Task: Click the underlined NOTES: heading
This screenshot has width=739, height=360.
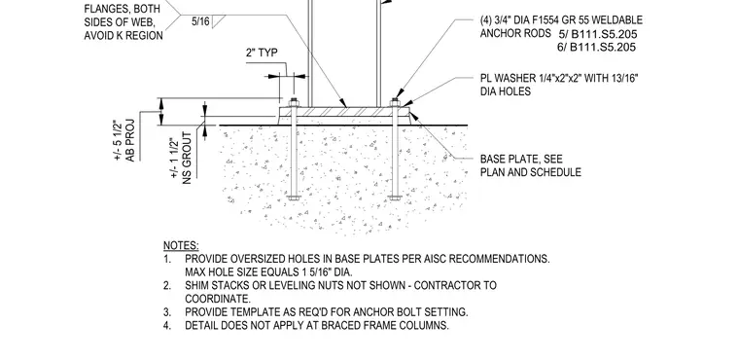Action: pyautogui.click(x=181, y=246)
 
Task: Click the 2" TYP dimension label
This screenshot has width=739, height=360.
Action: pyautogui.click(x=262, y=53)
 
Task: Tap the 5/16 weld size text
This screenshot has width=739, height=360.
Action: pyautogui.click(x=200, y=21)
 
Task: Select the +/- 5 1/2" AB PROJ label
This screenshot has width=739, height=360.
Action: pyautogui.click(x=124, y=141)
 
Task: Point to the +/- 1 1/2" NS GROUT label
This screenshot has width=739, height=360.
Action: pyautogui.click(x=181, y=158)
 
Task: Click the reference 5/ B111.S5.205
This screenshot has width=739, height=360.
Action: pyautogui.click(x=597, y=34)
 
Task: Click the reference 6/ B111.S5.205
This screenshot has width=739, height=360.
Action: pyautogui.click(x=597, y=47)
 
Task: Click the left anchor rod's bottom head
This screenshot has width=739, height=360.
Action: pyautogui.click(x=294, y=198)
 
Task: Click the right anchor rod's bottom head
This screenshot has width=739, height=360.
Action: pyautogui.click(x=395, y=198)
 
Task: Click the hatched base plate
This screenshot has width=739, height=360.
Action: pyautogui.click(x=344, y=112)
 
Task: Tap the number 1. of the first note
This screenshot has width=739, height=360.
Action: pyautogui.click(x=166, y=259)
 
